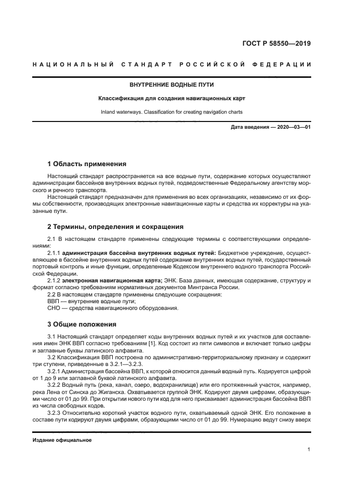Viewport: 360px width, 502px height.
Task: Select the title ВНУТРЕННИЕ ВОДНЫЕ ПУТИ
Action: (x=171, y=84)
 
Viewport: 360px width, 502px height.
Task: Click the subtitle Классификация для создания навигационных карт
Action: (x=171, y=98)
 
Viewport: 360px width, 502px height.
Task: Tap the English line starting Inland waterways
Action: (x=171, y=112)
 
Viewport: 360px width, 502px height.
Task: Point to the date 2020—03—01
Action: (x=292, y=128)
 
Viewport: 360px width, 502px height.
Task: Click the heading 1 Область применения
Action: (x=87, y=164)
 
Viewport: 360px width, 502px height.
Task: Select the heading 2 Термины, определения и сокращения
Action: (x=115, y=227)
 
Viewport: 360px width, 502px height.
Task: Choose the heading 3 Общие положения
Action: (x=82, y=324)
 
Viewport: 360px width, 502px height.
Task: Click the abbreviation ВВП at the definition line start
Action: (x=54, y=301)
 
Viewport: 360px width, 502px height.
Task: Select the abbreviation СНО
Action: (x=54, y=308)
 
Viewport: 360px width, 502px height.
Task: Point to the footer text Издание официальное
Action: (x=62, y=440)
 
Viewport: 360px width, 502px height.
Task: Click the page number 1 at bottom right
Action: (x=309, y=450)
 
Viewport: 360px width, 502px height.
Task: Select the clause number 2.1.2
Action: (x=55, y=281)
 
